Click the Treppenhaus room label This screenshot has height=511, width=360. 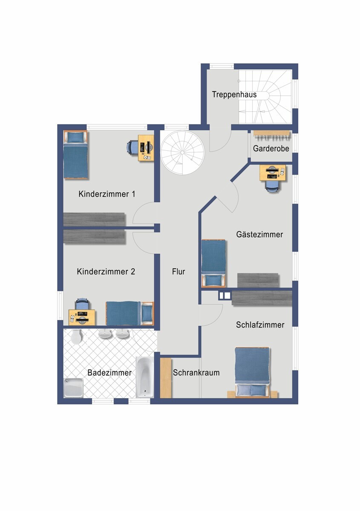(x=234, y=95)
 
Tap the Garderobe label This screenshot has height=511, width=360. (x=271, y=149)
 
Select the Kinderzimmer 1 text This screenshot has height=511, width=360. (x=107, y=194)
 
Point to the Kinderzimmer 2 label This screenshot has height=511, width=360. (x=106, y=271)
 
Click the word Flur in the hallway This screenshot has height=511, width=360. (x=179, y=271)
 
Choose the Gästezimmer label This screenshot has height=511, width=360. (x=259, y=234)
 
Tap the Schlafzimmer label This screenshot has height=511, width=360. (x=260, y=324)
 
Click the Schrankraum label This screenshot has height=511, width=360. (x=196, y=373)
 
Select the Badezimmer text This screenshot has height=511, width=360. (x=109, y=373)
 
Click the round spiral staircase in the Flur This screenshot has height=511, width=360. (x=183, y=152)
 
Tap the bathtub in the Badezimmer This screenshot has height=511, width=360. (x=145, y=377)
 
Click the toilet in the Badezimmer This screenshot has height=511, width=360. (x=76, y=336)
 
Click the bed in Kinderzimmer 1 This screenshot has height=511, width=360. (x=75, y=155)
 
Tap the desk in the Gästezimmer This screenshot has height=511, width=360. (x=273, y=172)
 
